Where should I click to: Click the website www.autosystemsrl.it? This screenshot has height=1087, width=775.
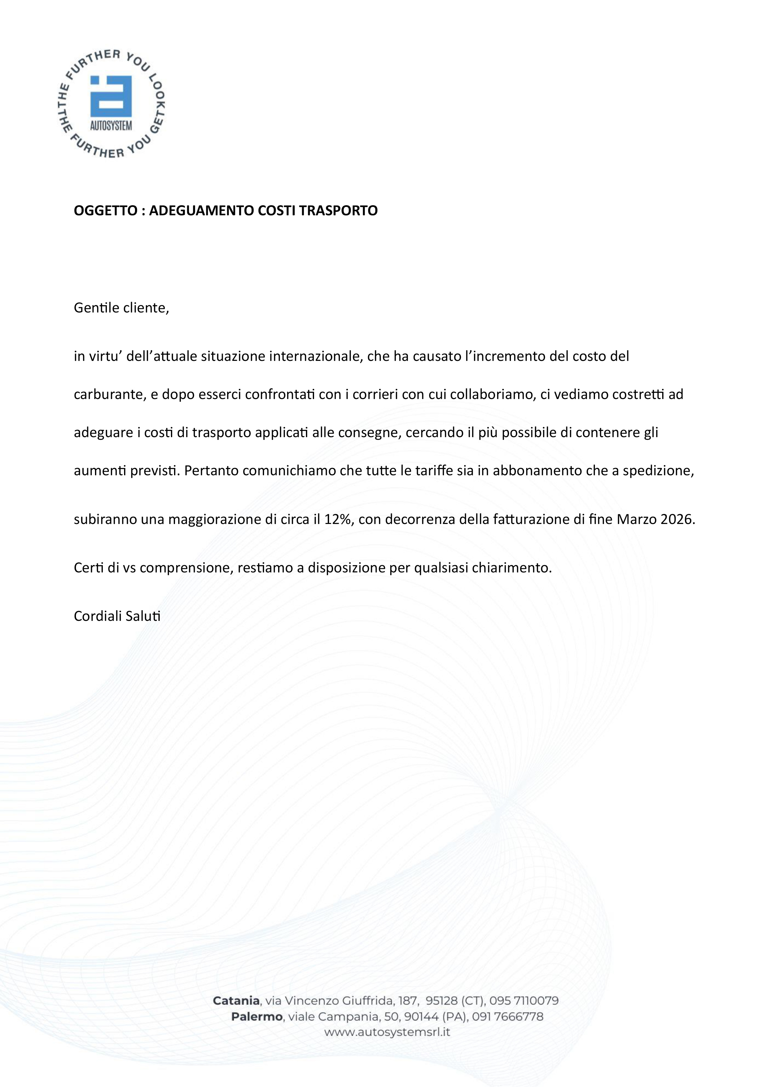point(387,1032)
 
